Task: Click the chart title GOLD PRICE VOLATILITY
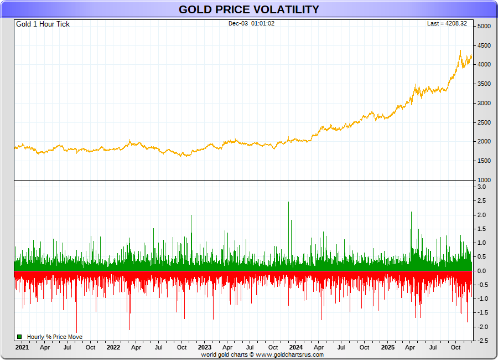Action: tap(248, 9)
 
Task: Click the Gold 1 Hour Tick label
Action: tap(43, 24)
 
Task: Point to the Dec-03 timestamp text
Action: tap(251, 24)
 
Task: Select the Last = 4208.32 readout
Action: tap(447, 24)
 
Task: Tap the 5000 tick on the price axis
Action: tap(484, 27)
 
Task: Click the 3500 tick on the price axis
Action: tap(484, 84)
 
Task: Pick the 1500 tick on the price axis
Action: tap(484, 161)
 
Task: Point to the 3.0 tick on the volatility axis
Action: tap(481, 187)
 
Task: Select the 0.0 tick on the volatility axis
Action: tap(481, 271)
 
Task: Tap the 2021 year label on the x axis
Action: tap(22, 348)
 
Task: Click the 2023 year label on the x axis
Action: tap(204, 348)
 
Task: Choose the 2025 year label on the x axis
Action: tap(387, 348)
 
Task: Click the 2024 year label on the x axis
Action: tap(296, 348)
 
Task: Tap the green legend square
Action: tap(19, 337)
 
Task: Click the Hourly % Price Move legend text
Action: tap(54, 337)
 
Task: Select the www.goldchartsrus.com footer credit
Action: tap(289, 354)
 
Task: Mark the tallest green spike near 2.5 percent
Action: tap(289, 203)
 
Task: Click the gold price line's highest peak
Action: tap(460, 50)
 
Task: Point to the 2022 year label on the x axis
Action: tap(113, 348)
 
